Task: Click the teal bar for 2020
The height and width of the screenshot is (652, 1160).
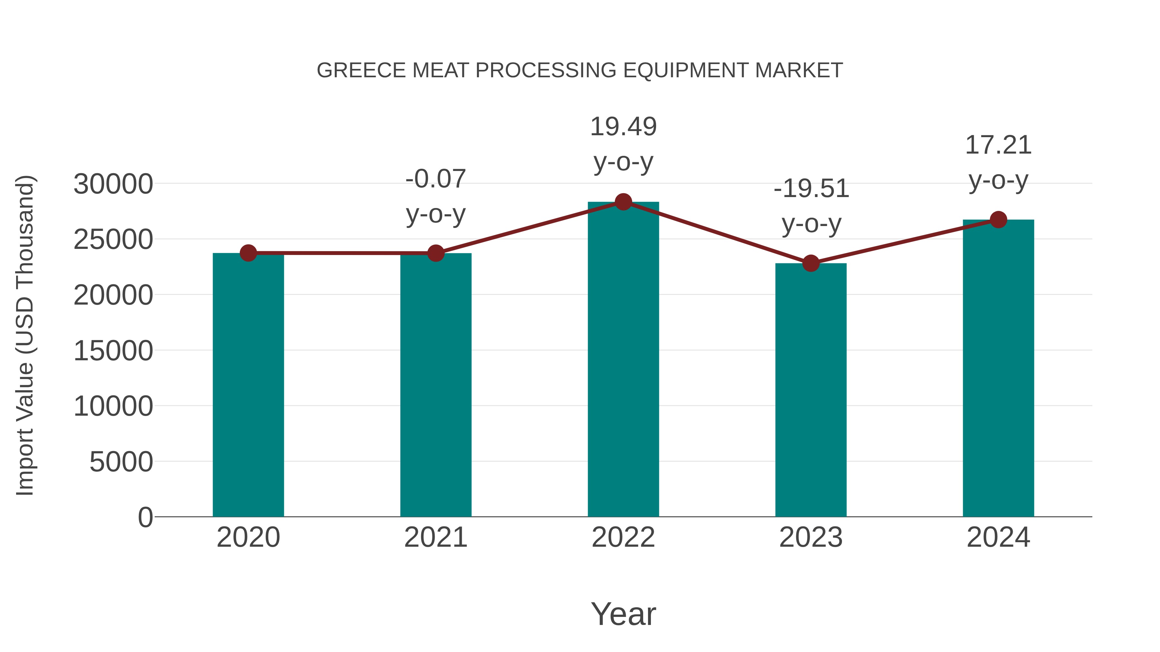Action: tap(248, 385)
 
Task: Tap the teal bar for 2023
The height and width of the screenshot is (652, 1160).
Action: tap(811, 390)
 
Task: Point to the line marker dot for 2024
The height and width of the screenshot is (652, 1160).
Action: tap(998, 220)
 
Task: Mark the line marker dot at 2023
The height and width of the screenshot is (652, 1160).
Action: tap(811, 263)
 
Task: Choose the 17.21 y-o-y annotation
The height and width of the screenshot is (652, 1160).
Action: tap(998, 163)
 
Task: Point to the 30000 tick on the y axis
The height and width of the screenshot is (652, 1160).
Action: tap(113, 184)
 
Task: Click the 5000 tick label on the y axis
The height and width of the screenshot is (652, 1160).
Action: tap(121, 462)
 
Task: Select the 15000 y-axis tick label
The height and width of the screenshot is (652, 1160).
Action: tap(113, 351)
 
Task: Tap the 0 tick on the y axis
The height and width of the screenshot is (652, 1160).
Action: tap(145, 517)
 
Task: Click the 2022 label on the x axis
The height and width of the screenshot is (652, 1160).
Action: tap(623, 537)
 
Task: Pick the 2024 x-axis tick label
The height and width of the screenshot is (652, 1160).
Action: tap(998, 537)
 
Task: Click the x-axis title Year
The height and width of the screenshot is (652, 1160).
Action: tap(623, 614)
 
